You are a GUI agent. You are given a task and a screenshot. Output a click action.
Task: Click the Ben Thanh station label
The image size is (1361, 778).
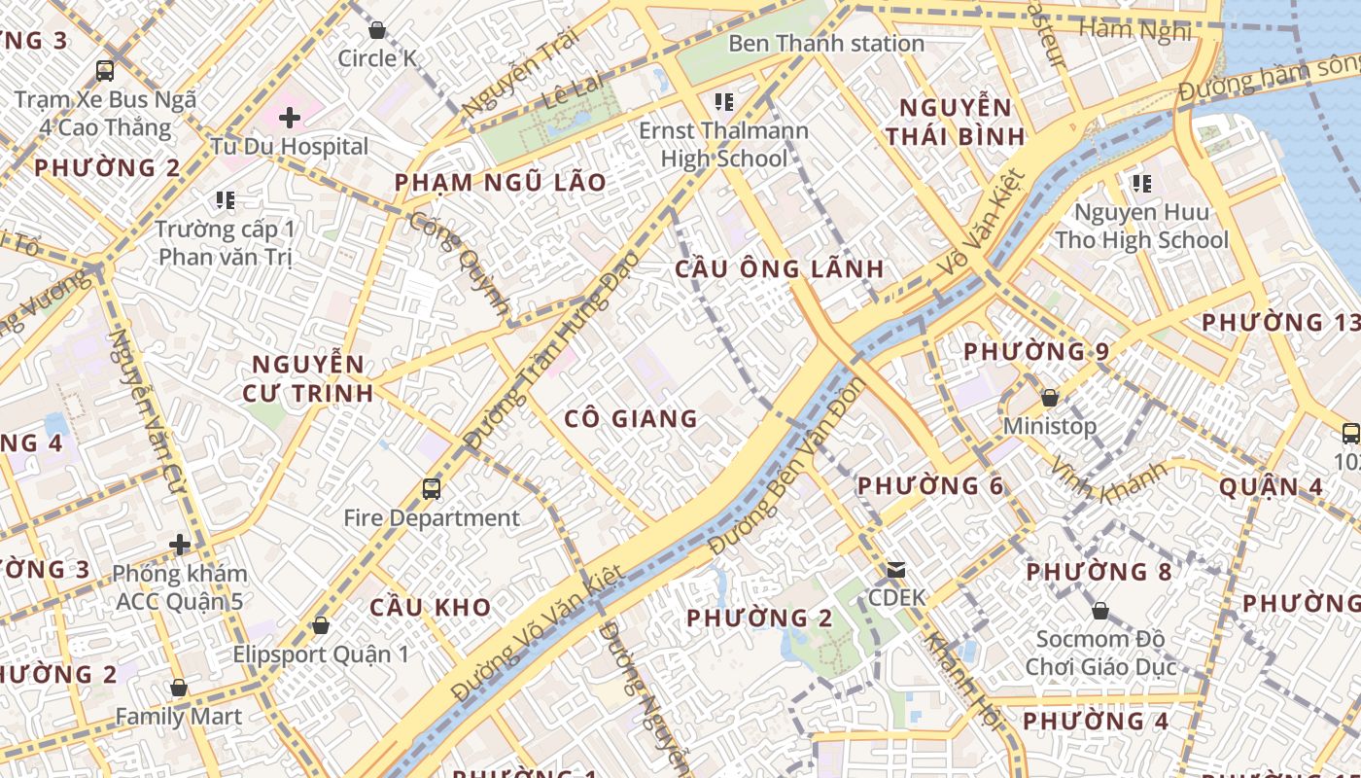pyautogui.click(x=825, y=44)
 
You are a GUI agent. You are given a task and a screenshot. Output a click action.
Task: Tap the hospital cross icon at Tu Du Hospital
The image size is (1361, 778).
pyautogui.click(x=289, y=119)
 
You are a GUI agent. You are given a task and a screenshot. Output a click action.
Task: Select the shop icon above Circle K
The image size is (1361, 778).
pyautogui.click(x=377, y=30)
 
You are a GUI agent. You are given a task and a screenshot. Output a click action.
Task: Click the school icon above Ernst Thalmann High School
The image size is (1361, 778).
pyautogui.click(x=722, y=101)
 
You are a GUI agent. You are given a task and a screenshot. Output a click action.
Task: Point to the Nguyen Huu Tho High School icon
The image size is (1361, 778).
pyautogui.click(x=1141, y=183)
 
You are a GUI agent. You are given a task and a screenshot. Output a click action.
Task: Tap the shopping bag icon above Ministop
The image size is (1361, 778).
pyautogui.click(x=1049, y=398)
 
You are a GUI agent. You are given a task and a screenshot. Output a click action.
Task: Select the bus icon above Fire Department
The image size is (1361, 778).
pyautogui.click(x=432, y=488)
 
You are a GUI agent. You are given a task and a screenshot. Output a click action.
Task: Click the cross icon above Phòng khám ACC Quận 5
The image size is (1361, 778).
pyautogui.click(x=180, y=545)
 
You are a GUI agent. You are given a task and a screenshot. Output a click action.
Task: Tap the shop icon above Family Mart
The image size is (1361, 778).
pyautogui.click(x=179, y=689)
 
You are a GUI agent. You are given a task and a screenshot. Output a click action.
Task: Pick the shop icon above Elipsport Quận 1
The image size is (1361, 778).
pyautogui.click(x=320, y=625)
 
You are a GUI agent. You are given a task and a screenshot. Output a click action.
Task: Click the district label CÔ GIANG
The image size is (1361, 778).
pyautogui.click(x=632, y=419)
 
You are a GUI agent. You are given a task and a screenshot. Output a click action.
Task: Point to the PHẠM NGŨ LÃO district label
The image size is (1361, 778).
pyautogui.click(x=500, y=183)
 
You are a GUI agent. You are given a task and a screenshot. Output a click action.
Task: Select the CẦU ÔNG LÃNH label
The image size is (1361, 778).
pyautogui.click(x=780, y=269)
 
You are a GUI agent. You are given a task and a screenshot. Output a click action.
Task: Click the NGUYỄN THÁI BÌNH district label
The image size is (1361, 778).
pyautogui.click(x=956, y=122)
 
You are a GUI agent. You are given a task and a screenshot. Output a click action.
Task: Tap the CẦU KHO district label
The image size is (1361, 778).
pyautogui.click(x=430, y=608)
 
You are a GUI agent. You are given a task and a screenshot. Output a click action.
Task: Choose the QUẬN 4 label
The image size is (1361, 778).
pyautogui.click(x=1271, y=487)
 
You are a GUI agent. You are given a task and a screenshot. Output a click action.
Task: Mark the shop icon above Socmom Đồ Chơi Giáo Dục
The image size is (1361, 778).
pyautogui.click(x=1099, y=612)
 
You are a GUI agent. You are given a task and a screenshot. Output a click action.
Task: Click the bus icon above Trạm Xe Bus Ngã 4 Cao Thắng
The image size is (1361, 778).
pyautogui.click(x=105, y=71)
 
